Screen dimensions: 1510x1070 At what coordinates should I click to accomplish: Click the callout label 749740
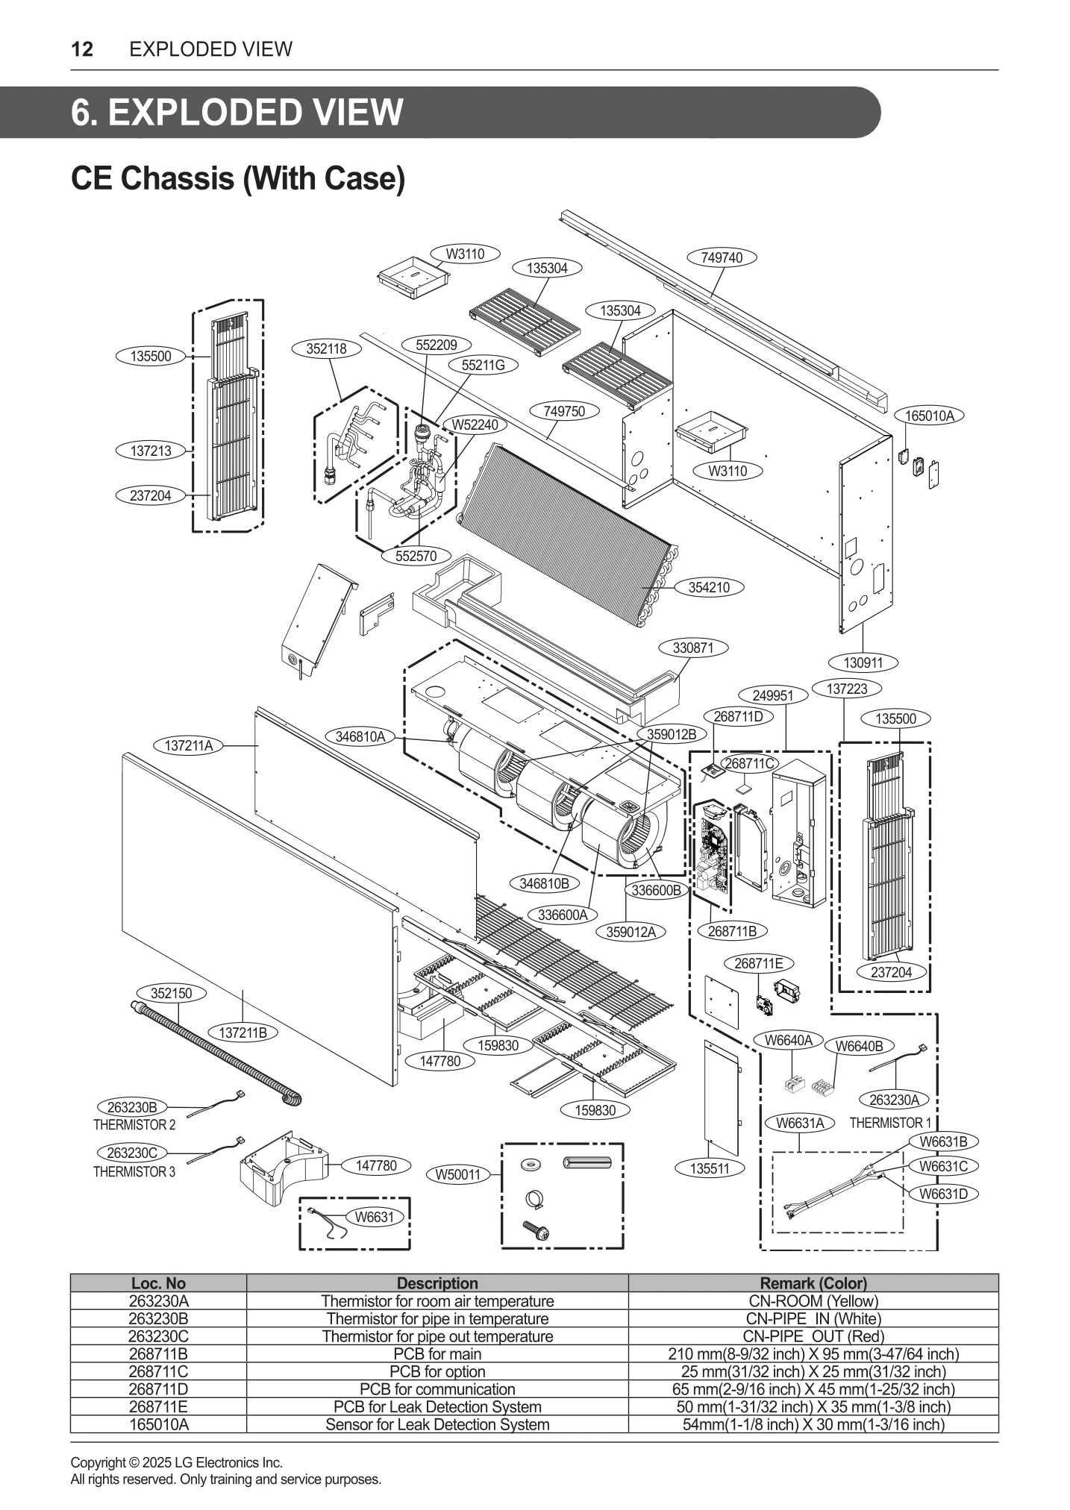[722, 257]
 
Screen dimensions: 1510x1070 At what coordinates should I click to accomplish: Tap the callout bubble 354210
[708, 587]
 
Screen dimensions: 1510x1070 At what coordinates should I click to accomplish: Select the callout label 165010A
[929, 416]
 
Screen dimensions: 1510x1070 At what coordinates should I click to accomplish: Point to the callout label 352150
[172, 993]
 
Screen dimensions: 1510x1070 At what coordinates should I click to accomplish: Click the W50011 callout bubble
[459, 1175]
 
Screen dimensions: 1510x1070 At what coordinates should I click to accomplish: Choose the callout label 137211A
[189, 745]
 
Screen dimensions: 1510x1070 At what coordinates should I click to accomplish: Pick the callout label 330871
[693, 648]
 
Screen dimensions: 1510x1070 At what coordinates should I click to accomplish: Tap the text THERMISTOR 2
[134, 1124]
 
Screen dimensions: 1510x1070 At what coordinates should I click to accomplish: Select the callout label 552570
[416, 556]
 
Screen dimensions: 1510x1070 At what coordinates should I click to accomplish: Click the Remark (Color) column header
[813, 1283]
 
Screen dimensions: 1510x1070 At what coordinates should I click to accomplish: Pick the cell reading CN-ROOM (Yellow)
[813, 1301]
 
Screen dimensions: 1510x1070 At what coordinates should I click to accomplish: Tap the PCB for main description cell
[437, 1354]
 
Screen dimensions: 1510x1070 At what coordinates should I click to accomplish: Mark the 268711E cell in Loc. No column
[158, 1407]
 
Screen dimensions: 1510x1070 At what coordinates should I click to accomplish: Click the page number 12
[82, 49]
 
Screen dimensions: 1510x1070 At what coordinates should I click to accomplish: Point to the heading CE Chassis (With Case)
[237, 178]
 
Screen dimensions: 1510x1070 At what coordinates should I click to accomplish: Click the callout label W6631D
[943, 1194]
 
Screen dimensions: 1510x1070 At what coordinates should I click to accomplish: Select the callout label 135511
[709, 1168]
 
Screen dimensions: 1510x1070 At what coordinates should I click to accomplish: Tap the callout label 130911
[863, 662]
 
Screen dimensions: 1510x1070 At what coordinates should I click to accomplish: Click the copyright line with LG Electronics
[176, 1462]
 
